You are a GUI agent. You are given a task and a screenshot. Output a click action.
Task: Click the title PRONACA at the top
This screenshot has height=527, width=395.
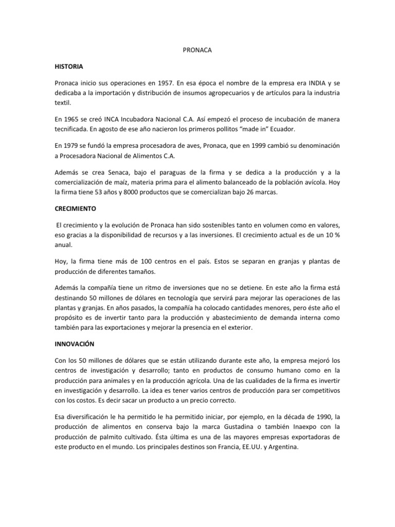(x=197, y=51)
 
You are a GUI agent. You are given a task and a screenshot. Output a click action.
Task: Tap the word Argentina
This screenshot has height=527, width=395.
(x=281, y=448)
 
